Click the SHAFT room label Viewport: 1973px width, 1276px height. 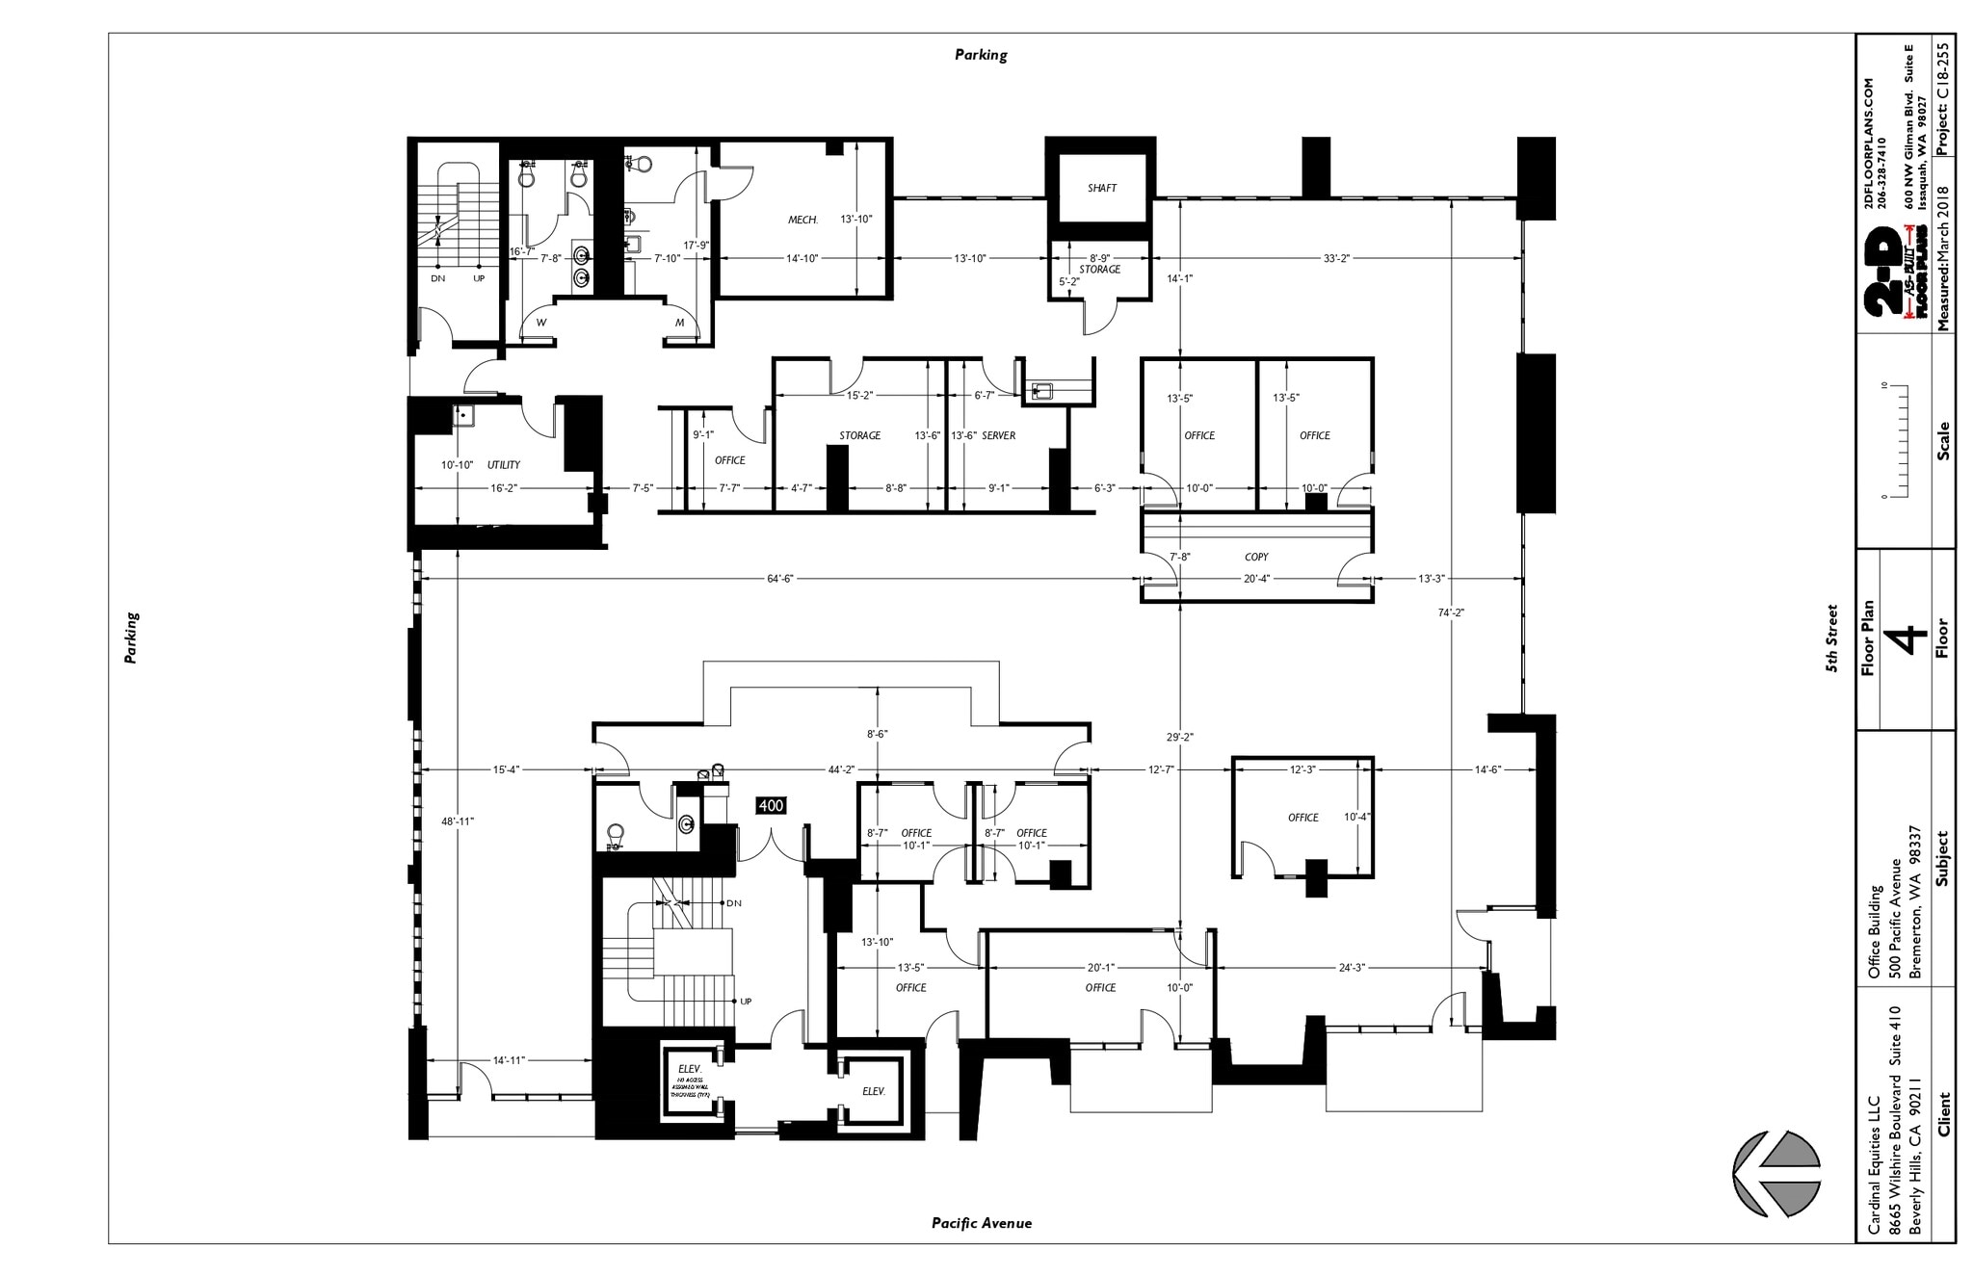point(1101,188)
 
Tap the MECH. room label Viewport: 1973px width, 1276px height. point(802,220)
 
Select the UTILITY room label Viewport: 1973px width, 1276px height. point(503,465)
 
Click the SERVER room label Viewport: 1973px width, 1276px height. point(998,435)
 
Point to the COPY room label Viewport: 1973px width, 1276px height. point(1255,557)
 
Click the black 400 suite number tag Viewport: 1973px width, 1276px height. point(771,805)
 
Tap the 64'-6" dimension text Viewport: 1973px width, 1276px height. point(779,579)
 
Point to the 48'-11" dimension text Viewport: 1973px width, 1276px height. point(458,820)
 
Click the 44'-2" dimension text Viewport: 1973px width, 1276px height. point(841,769)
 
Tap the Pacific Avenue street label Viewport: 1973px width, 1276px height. point(981,1223)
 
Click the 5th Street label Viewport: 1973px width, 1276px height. point(1832,638)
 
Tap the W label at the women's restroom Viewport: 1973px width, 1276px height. point(541,323)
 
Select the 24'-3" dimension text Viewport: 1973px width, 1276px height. point(1351,967)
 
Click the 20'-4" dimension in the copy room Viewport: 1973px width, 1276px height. point(1255,579)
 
